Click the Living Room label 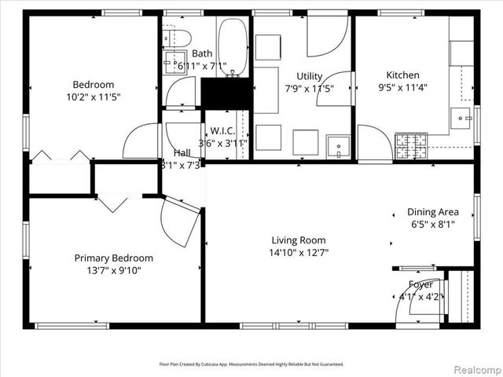point(299,240)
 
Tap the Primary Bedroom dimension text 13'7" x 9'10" point(114,270)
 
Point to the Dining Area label point(432,212)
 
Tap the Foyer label point(420,284)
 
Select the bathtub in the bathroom point(233,46)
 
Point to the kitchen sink point(460,118)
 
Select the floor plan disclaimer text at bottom point(251,364)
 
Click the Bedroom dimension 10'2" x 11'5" point(94,97)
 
